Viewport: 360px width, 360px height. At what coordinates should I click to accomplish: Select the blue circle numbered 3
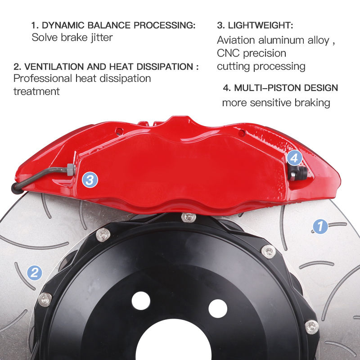90,180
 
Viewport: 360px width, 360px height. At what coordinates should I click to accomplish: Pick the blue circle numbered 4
293,158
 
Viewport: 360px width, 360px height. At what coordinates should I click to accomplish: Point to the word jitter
99,37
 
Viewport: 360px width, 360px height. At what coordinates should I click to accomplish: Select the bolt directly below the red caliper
189,217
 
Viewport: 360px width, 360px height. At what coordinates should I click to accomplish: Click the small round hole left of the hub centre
141,300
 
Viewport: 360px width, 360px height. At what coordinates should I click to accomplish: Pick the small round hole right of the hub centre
218,308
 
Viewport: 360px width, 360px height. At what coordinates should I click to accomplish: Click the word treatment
36,91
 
